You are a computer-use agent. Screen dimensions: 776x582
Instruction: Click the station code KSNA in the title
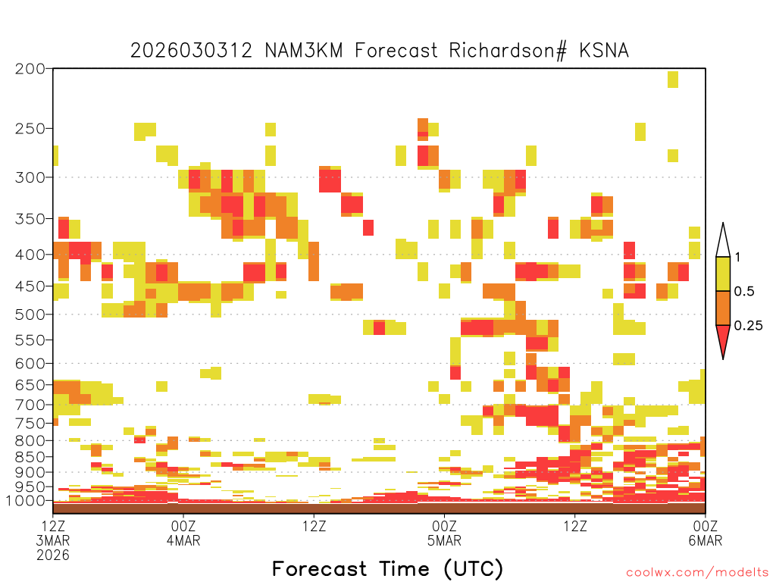coord(604,51)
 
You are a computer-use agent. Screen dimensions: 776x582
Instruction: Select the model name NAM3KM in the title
coord(304,51)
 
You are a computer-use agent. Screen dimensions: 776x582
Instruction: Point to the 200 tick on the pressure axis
coord(30,69)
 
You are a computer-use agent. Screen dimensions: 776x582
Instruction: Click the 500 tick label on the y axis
coord(30,314)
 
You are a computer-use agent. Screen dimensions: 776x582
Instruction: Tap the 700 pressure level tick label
coord(30,405)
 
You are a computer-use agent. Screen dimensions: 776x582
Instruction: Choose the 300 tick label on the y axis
coord(30,177)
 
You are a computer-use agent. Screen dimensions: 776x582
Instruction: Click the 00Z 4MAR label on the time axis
coord(183,533)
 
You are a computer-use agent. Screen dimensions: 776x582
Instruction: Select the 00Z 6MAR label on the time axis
coord(706,533)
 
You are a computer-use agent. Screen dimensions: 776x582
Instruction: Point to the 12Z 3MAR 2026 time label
coord(53,540)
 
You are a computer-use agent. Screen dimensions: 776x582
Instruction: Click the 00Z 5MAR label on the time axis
coord(444,533)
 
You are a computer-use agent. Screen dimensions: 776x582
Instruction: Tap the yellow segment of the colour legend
coord(723,274)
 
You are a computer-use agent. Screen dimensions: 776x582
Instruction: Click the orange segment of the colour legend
coord(723,308)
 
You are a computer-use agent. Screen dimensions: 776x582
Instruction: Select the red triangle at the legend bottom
coord(723,339)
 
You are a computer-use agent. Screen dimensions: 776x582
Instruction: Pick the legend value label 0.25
coord(748,326)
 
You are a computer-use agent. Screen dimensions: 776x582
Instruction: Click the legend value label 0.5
coord(744,292)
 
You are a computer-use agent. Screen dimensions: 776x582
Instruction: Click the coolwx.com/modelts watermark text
coord(697,573)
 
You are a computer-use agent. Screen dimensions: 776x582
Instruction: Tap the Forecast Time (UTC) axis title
coord(387,569)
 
